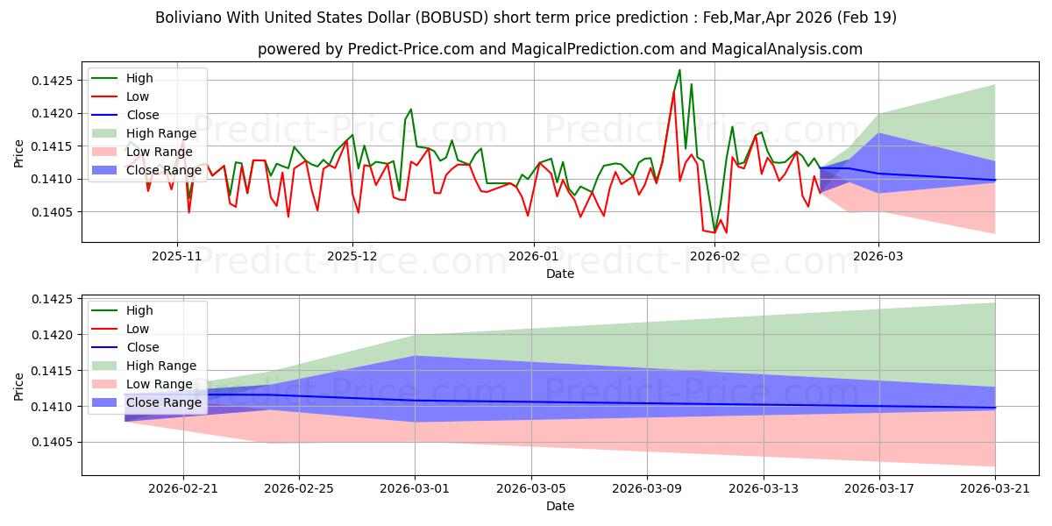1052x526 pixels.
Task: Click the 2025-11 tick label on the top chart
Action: point(176,256)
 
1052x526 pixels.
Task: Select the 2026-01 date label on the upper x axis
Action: point(534,256)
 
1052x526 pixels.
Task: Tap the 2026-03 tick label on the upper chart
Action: point(878,256)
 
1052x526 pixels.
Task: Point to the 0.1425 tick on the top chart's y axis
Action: point(53,81)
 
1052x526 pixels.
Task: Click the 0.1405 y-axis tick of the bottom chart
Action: point(53,443)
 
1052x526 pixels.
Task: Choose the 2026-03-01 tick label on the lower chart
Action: point(414,489)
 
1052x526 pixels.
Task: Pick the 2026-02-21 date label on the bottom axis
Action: point(183,489)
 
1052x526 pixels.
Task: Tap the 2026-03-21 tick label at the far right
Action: point(995,489)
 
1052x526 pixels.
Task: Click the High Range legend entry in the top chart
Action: point(144,133)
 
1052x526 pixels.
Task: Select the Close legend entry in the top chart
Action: point(124,115)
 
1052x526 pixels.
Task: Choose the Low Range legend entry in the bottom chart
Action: point(142,384)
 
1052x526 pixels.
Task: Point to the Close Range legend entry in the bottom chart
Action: point(146,402)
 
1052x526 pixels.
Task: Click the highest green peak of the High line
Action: point(679,70)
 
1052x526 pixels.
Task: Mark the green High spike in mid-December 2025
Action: point(411,110)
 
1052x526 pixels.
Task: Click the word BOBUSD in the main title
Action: point(451,18)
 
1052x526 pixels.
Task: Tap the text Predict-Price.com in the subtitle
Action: point(410,49)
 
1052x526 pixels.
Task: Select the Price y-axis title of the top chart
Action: point(18,153)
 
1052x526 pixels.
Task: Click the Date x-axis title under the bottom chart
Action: point(560,507)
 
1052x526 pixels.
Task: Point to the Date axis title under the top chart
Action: point(560,274)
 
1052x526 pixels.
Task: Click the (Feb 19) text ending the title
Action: point(867,18)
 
